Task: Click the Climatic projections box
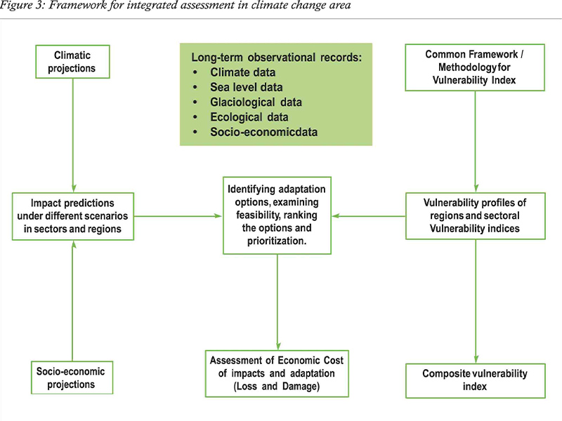72,62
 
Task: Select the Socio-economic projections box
72,377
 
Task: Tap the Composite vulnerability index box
476,380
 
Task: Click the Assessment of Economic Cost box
277,373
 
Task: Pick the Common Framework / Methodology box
475,67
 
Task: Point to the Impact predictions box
73,216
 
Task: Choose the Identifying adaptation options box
277,215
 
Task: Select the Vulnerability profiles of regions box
476,216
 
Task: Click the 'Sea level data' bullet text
247,87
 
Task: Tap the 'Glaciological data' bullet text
256,102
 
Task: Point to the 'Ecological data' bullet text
249,117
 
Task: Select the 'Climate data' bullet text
242,72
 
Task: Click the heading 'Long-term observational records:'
277,58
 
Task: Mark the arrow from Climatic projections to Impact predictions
73,135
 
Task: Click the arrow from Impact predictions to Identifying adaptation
178,216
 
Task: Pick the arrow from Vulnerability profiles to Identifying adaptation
368,216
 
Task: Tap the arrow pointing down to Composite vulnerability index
476,302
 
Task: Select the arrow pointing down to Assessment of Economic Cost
277,302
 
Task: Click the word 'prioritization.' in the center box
277,241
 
